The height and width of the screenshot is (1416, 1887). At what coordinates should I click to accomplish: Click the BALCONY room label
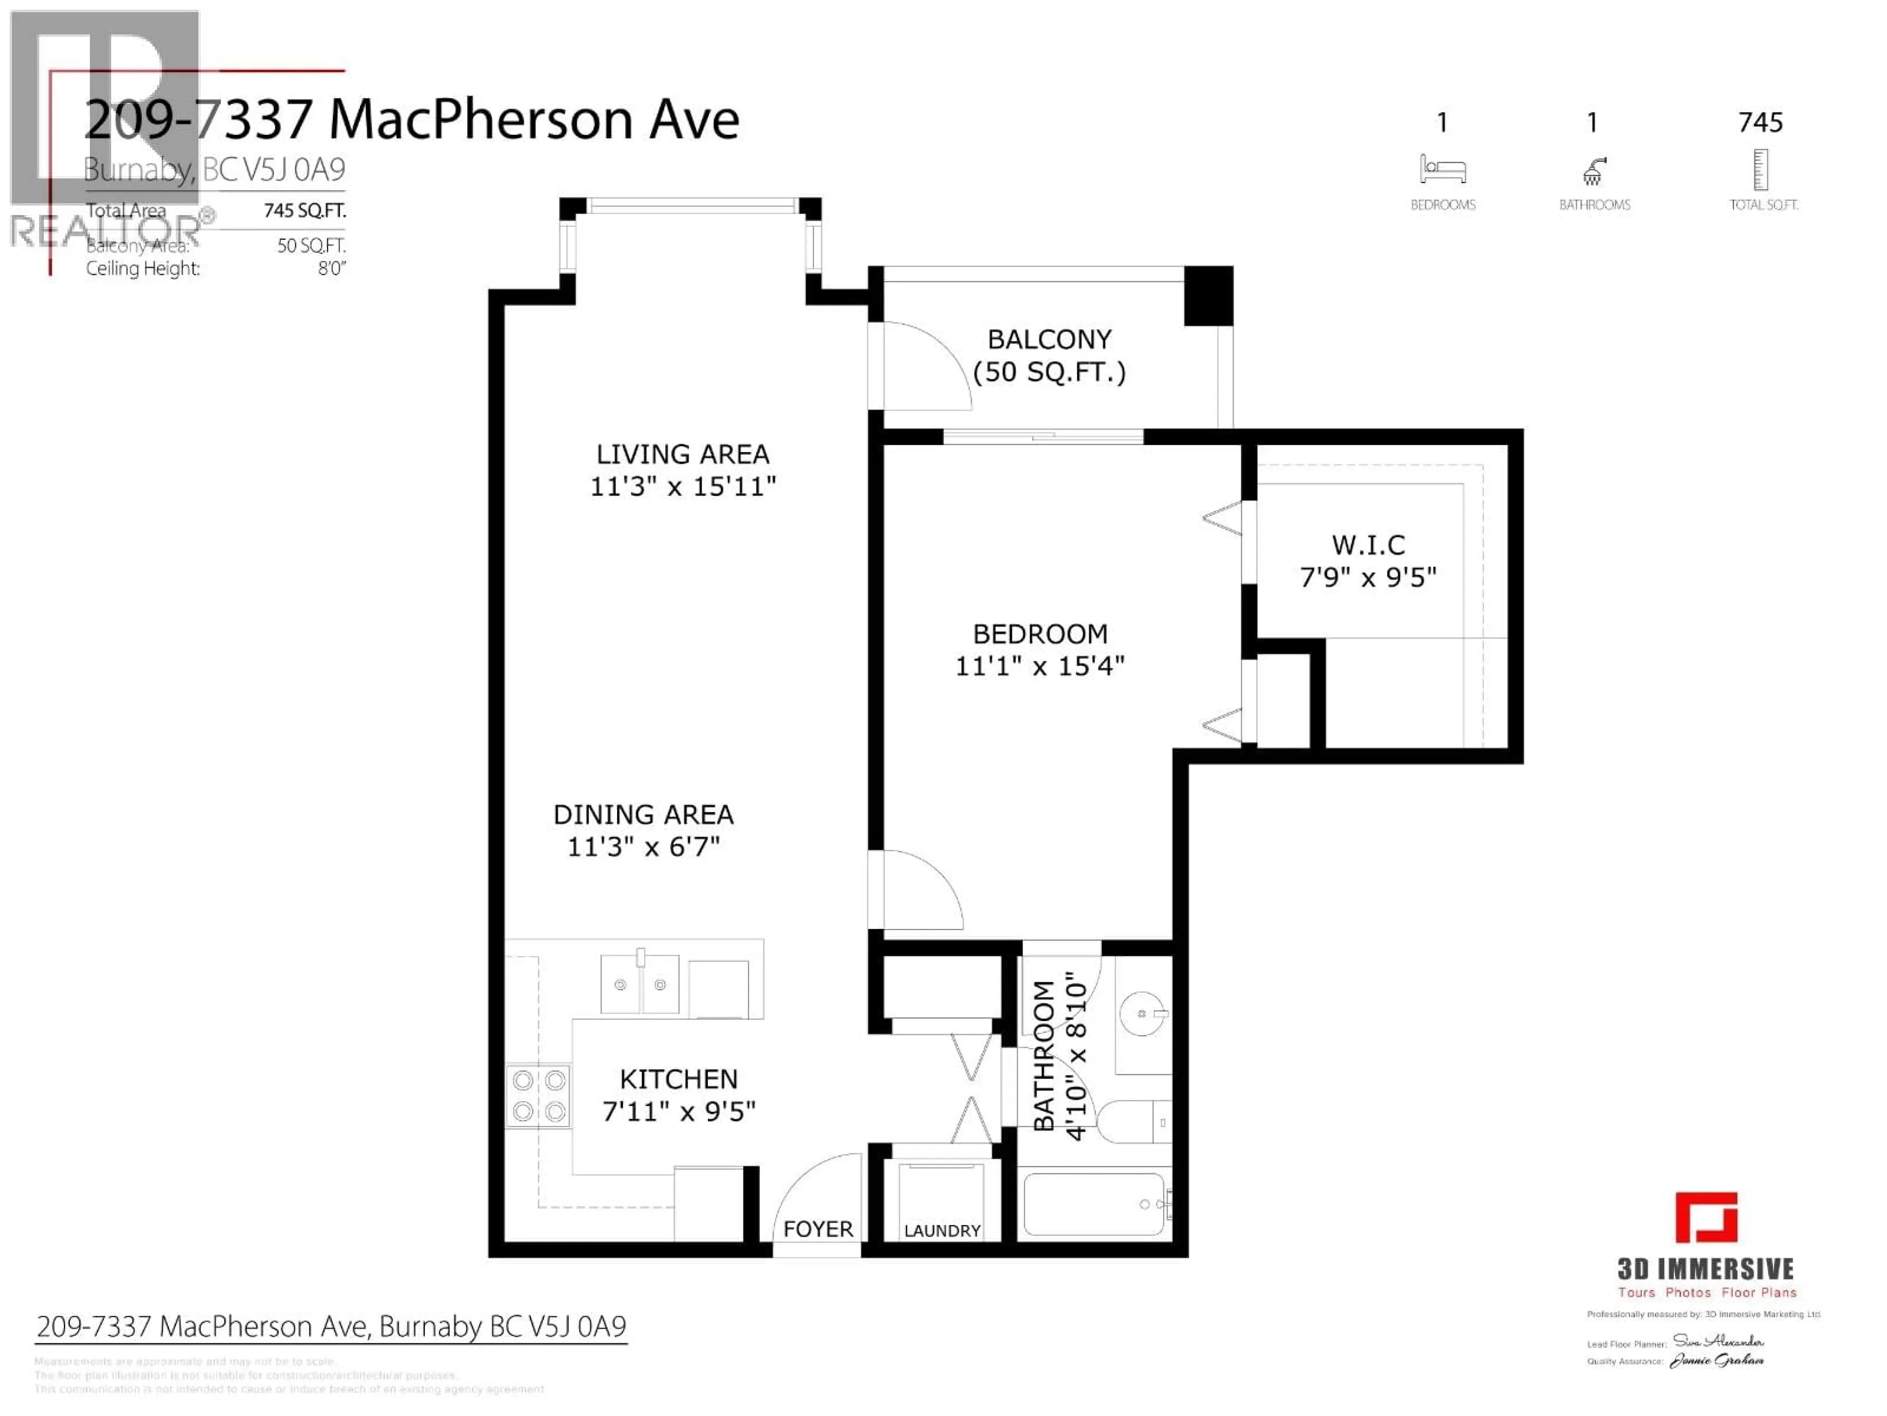click(x=1049, y=340)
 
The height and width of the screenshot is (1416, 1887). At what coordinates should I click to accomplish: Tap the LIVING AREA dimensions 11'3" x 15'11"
click(x=683, y=487)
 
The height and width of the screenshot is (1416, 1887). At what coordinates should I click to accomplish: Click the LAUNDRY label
click(x=942, y=1230)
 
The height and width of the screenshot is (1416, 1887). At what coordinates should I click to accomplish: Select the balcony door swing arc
click(x=926, y=363)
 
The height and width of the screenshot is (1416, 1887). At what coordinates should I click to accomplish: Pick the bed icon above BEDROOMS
click(x=1443, y=169)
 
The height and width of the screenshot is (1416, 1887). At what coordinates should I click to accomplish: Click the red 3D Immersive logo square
click(x=1706, y=1217)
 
